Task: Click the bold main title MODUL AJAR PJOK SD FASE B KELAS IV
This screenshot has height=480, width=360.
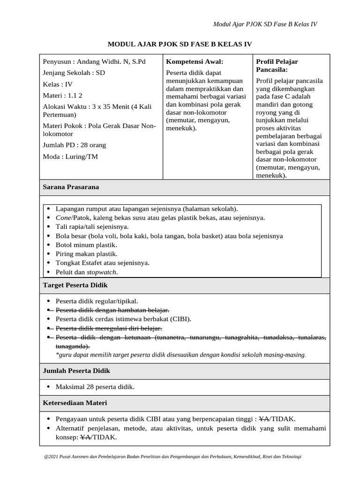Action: [180, 44]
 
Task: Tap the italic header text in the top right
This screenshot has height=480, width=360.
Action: [265, 24]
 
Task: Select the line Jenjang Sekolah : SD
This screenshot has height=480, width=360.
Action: [74, 73]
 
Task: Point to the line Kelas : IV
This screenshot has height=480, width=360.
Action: [58, 84]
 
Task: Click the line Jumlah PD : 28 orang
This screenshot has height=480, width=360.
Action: [74, 145]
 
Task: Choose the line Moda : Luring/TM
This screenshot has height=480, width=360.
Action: [70, 157]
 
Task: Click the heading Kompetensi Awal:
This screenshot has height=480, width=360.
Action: [195, 62]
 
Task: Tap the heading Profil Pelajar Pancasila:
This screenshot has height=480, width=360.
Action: [277, 66]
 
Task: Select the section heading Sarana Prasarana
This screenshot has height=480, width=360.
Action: [71, 187]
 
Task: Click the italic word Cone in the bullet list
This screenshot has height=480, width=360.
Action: [63, 218]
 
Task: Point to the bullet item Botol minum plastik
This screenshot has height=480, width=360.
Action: [86, 245]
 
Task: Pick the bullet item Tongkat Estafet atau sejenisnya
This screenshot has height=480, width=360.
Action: [102, 263]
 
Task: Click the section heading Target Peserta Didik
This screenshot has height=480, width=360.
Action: [75, 285]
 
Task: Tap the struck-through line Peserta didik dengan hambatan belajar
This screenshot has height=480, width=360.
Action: [112, 310]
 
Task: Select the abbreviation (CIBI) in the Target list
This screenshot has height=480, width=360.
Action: [179, 319]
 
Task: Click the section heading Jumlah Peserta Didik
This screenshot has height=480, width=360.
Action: [76, 371]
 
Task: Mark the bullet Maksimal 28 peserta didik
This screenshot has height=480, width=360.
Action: [95, 387]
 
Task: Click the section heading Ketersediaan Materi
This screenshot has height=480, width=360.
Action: [75, 403]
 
